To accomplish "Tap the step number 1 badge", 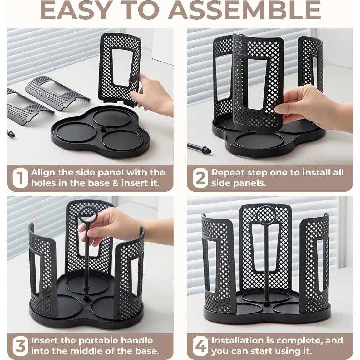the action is point(21,178).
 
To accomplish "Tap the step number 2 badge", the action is point(201,178).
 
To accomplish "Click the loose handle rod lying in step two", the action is point(198,148).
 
